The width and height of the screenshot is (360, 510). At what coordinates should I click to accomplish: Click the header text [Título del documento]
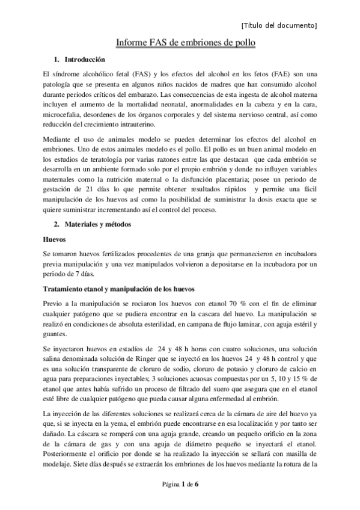point(278,25)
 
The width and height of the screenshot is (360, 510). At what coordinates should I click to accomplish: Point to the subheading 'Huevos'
point(55,238)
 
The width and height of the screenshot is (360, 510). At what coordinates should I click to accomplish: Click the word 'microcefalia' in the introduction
point(63,114)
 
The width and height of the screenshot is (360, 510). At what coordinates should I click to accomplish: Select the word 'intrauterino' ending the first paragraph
point(134,125)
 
